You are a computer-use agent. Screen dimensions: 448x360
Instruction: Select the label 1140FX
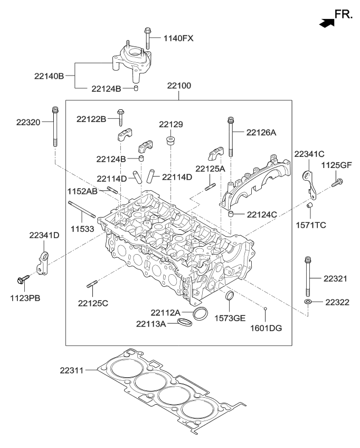[179, 38]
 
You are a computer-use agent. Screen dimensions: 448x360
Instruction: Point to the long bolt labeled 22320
[55, 127]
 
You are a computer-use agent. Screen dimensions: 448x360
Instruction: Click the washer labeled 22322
[307, 302]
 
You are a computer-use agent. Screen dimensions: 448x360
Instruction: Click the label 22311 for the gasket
[72, 371]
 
